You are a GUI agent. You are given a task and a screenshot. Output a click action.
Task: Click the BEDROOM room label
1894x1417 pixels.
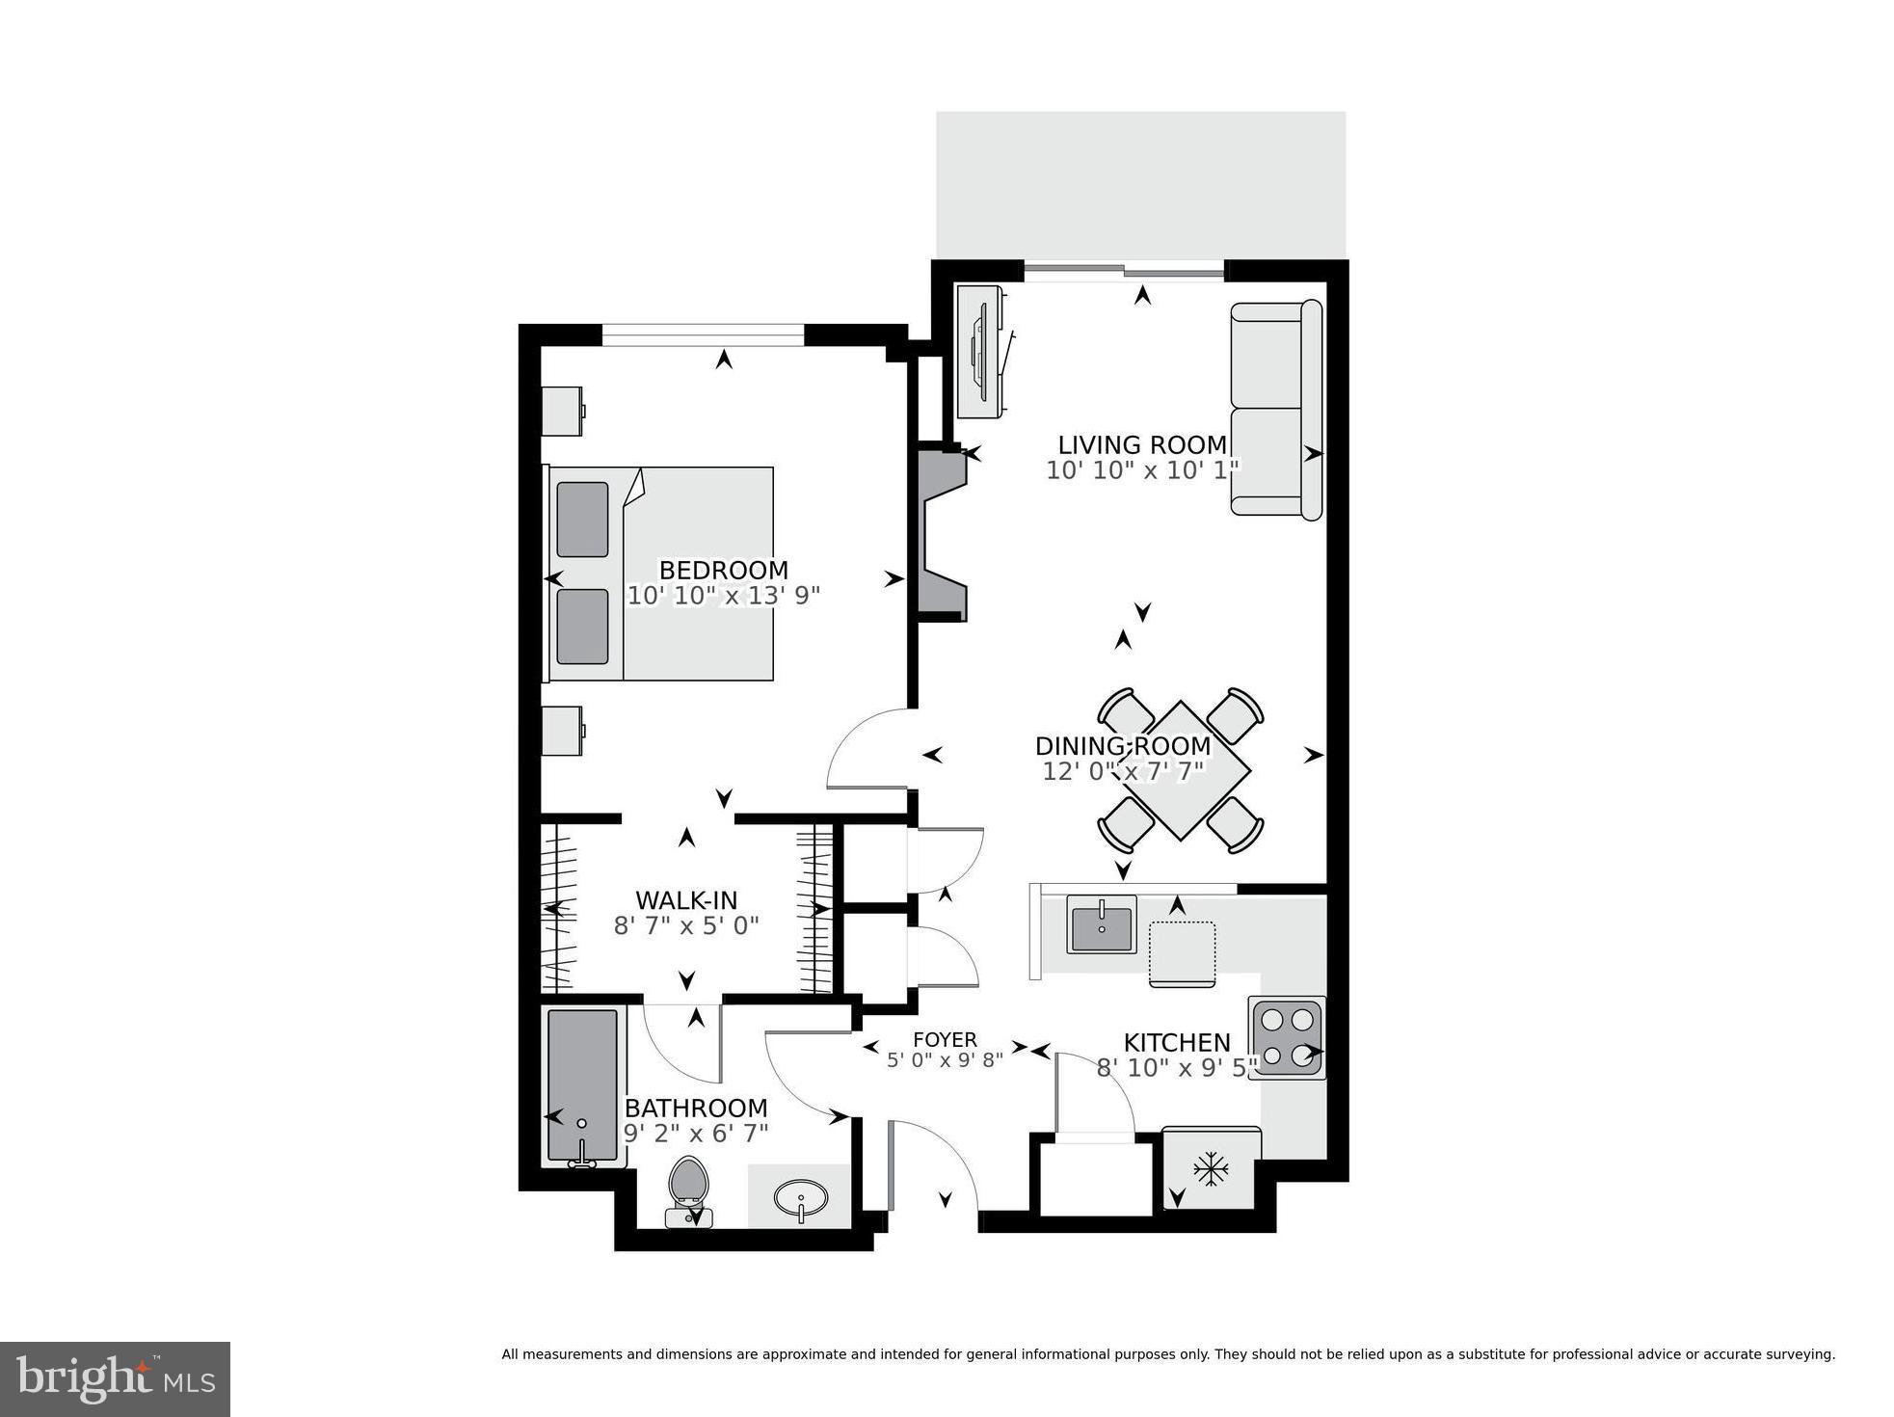click(723, 570)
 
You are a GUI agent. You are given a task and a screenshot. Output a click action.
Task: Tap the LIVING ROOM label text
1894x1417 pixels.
click(1142, 445)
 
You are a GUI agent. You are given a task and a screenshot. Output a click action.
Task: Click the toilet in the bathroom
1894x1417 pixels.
click(688, 1188)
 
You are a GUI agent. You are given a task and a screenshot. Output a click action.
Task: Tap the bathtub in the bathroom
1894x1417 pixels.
click(581, 1085)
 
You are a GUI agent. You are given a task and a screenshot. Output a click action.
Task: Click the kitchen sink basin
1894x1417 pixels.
click(1101, 923)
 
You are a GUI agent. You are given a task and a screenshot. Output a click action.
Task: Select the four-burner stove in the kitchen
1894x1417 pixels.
click(1287, 1037)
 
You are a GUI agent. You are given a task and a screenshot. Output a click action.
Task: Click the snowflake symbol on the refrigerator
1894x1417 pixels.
click(1210, 1170)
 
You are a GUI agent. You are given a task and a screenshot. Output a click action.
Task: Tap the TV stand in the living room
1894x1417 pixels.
click(981, 352)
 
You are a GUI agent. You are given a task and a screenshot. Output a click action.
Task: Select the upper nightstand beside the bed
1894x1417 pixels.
click(561, 411)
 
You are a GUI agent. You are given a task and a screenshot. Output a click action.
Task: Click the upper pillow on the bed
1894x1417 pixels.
click(582, 520)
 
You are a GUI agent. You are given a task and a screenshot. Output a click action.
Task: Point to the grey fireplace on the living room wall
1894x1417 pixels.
click(939, 534)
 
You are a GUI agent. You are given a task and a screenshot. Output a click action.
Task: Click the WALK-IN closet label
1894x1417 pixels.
click(686, 900)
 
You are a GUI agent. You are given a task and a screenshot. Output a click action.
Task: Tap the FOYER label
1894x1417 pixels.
click(945, 1040)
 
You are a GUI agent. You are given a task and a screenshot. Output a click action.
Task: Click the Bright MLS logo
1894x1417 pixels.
click(115, 1379)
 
